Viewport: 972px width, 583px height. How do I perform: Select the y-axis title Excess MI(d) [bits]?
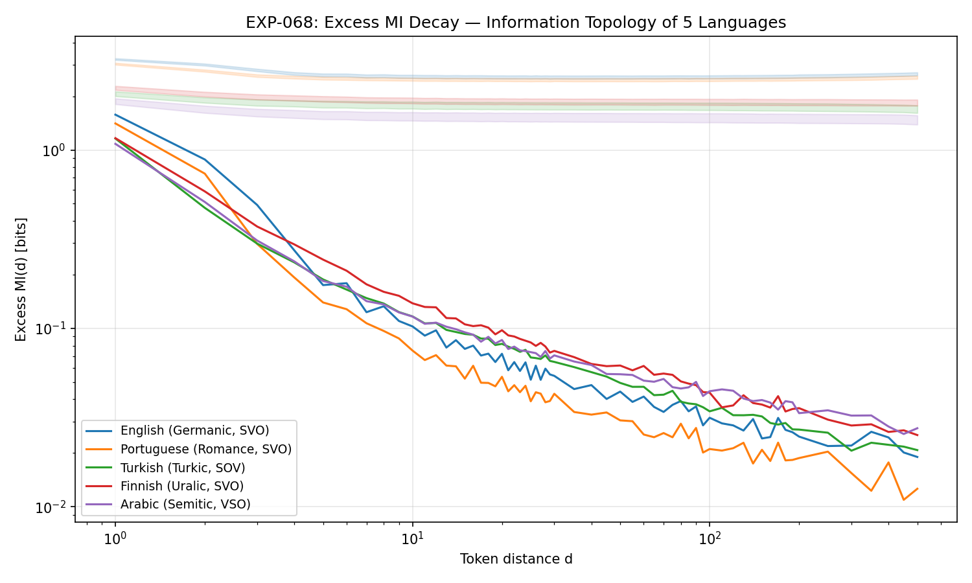(x=21, y=279)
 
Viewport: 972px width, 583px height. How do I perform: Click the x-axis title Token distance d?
(x=516, y=559)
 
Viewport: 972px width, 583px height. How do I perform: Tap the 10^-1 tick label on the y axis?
(x=54, y=328)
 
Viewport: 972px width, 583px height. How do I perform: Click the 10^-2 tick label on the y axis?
(x=54, y=507)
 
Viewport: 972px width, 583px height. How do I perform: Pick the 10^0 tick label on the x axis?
(x=115, y=537)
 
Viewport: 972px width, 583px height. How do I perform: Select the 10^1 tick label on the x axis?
(x=412, y=537)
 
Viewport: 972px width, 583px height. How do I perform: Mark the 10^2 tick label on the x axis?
(x=709, y=537)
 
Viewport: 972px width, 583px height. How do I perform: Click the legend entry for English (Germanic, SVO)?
(x=194, y=431)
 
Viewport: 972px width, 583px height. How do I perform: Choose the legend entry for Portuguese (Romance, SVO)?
(x=206, y=449)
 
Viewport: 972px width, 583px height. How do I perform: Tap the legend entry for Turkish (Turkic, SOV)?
(x=183, y=468)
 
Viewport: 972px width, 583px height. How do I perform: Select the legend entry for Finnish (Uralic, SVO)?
(x=182, y=486)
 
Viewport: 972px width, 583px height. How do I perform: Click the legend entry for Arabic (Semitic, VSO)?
(x=185, y=504)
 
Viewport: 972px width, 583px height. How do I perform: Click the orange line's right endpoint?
(x=918, y=488)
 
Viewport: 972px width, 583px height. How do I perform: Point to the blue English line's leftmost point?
(x=115, y=115)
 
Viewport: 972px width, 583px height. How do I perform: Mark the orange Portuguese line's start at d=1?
(x=115, y=123)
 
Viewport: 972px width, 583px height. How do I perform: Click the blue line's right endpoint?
(x=918, y=457)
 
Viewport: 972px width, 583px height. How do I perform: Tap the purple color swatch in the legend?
(x=100, y=504)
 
